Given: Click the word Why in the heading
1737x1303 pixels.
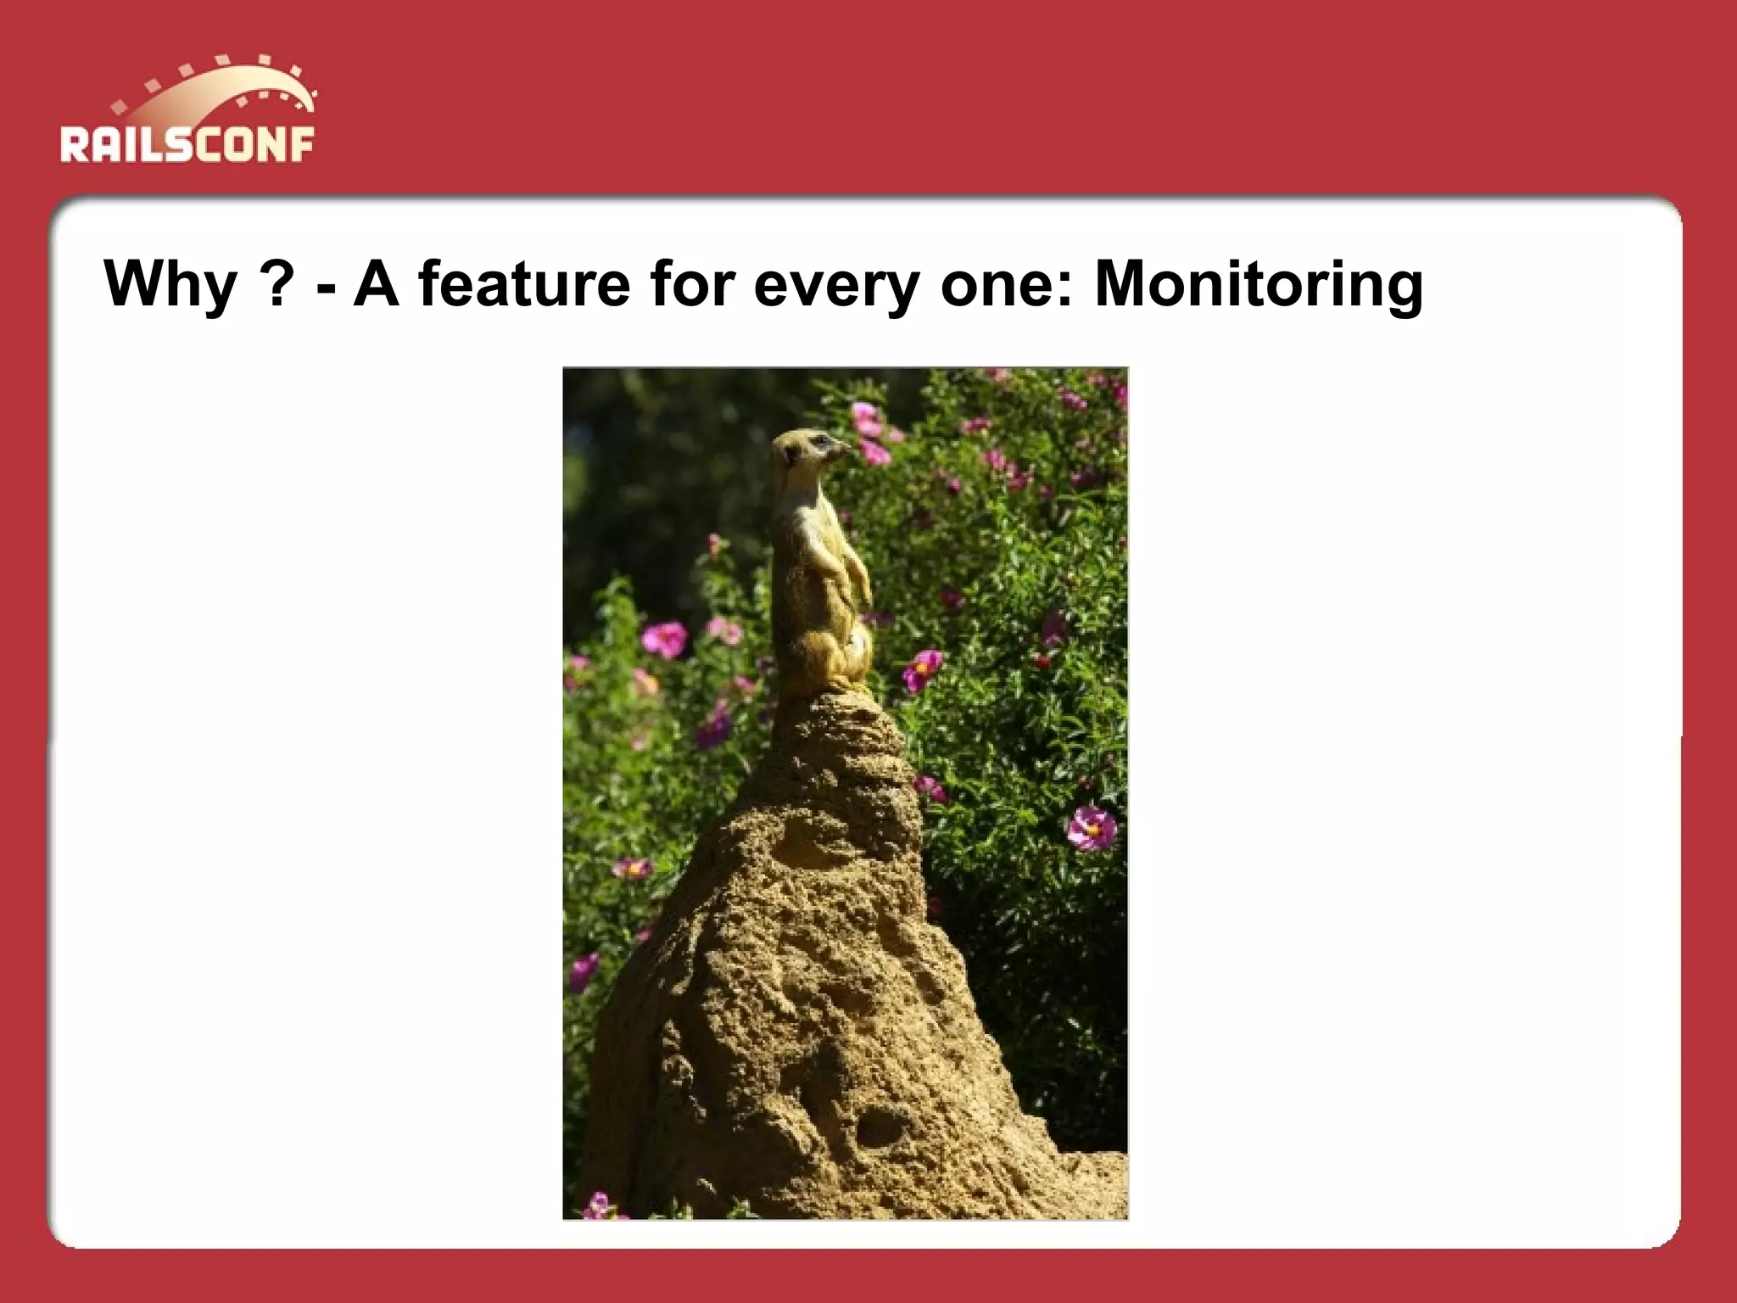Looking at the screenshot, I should (x=170, y=285).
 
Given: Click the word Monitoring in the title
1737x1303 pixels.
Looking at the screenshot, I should (x=1259, y=285).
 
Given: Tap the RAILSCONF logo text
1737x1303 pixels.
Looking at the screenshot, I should (x=187, y=144).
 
